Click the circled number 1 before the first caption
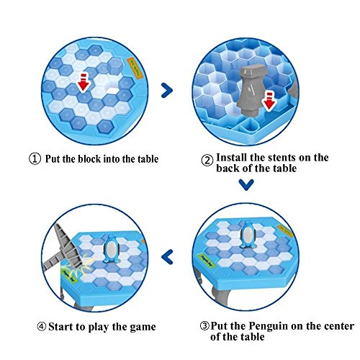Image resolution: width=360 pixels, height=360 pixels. coord(35,159)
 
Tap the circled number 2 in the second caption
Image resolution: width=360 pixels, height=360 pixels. coord(207,161)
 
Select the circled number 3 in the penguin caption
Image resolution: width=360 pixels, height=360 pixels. coord(204,326)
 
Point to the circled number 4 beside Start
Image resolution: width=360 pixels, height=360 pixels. coord(42,327)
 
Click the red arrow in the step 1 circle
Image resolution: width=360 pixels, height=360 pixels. coord(84,83)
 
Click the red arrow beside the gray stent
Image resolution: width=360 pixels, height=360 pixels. coord(269,102)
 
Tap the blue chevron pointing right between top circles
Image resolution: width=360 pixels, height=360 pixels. coord(167,90)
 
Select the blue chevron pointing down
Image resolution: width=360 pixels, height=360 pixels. coord(246,184)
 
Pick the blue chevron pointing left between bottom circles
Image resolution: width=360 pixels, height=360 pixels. coord(167,256)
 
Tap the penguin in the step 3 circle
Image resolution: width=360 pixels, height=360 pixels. coord(248,235)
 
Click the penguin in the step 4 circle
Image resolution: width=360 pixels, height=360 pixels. coord(112,249)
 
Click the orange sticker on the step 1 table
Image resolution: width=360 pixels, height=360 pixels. coord(135,67)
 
